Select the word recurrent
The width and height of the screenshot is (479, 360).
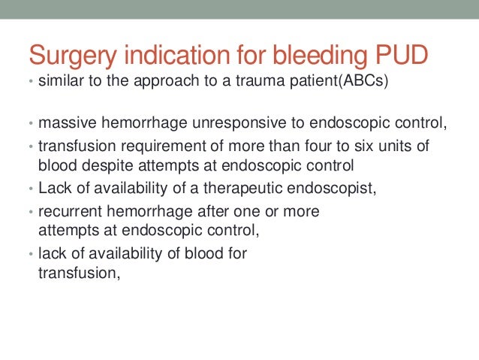click(x=66, y=211)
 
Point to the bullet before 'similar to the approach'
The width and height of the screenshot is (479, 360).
click(x=30, y=81)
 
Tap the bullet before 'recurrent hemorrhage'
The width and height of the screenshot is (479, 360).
click(x=30, y=212)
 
